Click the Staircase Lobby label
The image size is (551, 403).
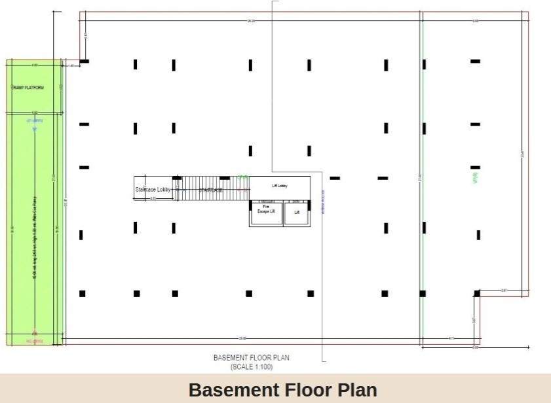153,190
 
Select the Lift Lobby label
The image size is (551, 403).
280,186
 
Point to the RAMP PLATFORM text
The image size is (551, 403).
28,87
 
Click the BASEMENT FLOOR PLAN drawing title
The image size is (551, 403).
251,358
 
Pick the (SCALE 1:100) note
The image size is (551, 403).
251,366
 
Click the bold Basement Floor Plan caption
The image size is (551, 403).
282,390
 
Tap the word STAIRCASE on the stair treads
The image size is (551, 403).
211,190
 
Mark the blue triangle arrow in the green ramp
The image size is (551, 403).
35,130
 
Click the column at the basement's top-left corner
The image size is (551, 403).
84,61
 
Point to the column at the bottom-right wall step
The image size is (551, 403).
477,294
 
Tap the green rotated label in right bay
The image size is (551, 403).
472,177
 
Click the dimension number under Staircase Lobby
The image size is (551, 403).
153,198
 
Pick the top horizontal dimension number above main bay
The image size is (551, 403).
250,21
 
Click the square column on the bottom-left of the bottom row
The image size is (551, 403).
83,294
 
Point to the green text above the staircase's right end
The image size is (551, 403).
242,177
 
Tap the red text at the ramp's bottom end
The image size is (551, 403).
34,341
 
